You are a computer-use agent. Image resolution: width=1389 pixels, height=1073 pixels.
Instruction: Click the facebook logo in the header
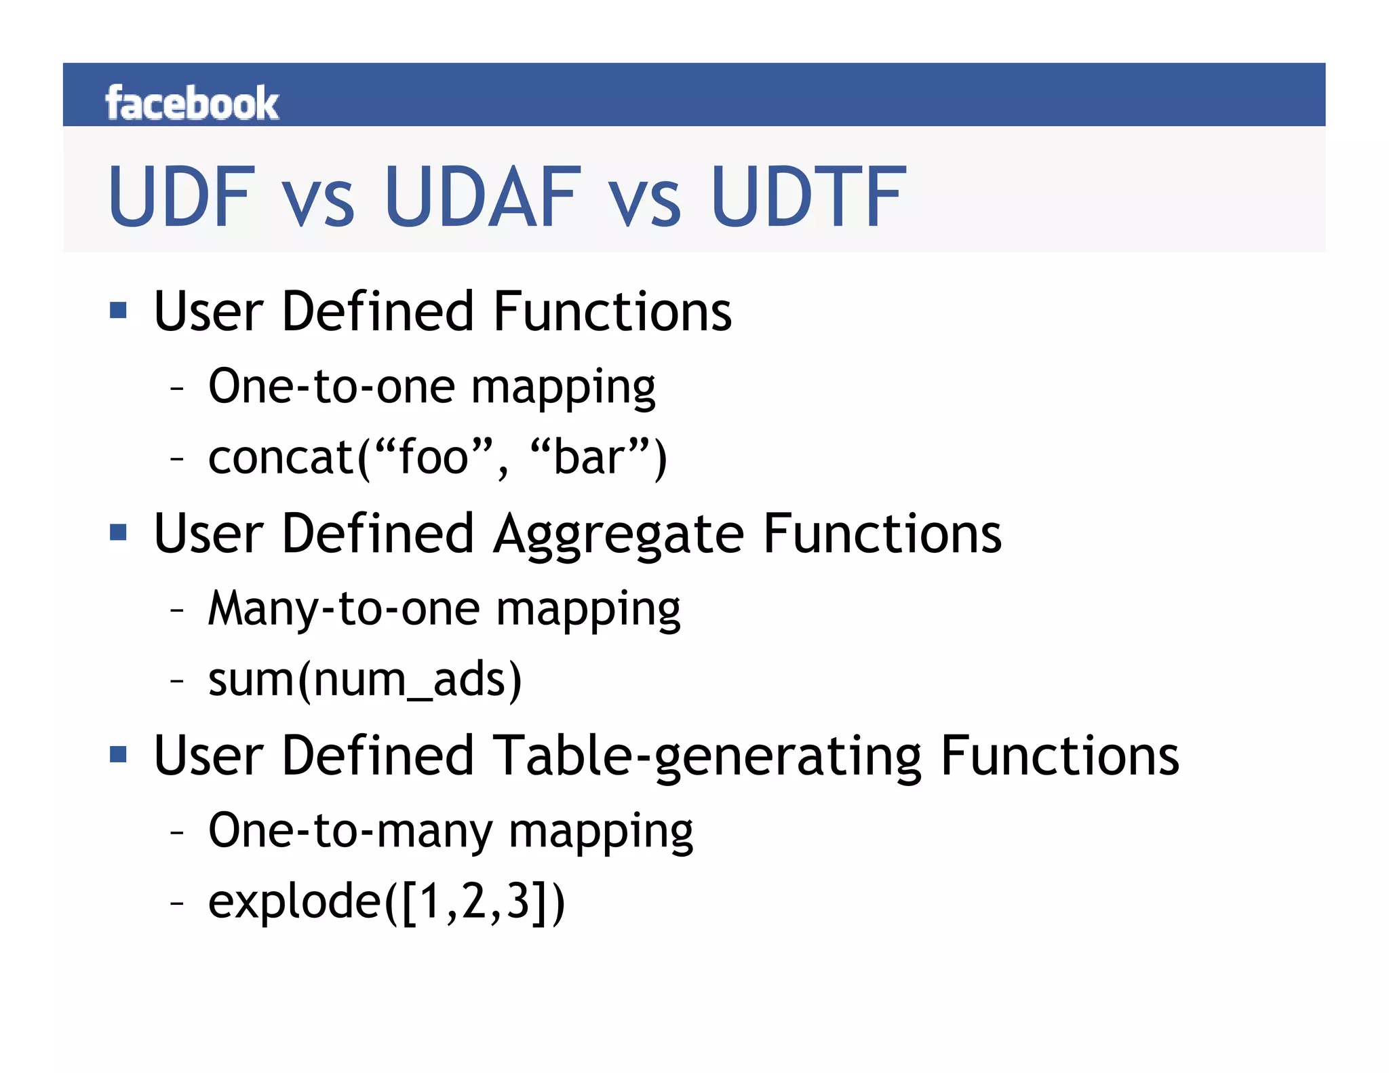click(x=192, y=104)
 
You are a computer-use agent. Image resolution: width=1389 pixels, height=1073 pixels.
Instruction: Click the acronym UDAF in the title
click(x=483, y=197)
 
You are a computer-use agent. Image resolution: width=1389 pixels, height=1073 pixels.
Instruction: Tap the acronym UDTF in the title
click(x=808, y=197)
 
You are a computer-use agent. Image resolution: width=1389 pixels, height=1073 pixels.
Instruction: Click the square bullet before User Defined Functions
click(x=119, y=311)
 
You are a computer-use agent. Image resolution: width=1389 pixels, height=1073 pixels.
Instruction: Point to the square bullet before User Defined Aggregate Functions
click(x=119, y=532)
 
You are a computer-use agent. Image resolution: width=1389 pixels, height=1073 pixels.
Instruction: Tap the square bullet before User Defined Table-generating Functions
click(x=119, y=754)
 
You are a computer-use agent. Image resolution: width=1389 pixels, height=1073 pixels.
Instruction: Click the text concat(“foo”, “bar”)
click(x=437, y=458)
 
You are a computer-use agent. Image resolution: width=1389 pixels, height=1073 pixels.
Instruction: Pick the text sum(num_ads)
click(x=365, y=680)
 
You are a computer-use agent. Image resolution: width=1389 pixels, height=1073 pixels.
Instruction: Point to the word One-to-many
click(x=350, y=831)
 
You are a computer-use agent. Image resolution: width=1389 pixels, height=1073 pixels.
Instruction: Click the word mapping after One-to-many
click(x=601, y=833)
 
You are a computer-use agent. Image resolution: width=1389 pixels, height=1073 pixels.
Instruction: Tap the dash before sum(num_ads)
click(x=177, y=680)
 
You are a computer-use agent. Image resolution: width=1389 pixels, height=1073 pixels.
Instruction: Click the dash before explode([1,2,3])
click(x=177, y=903)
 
